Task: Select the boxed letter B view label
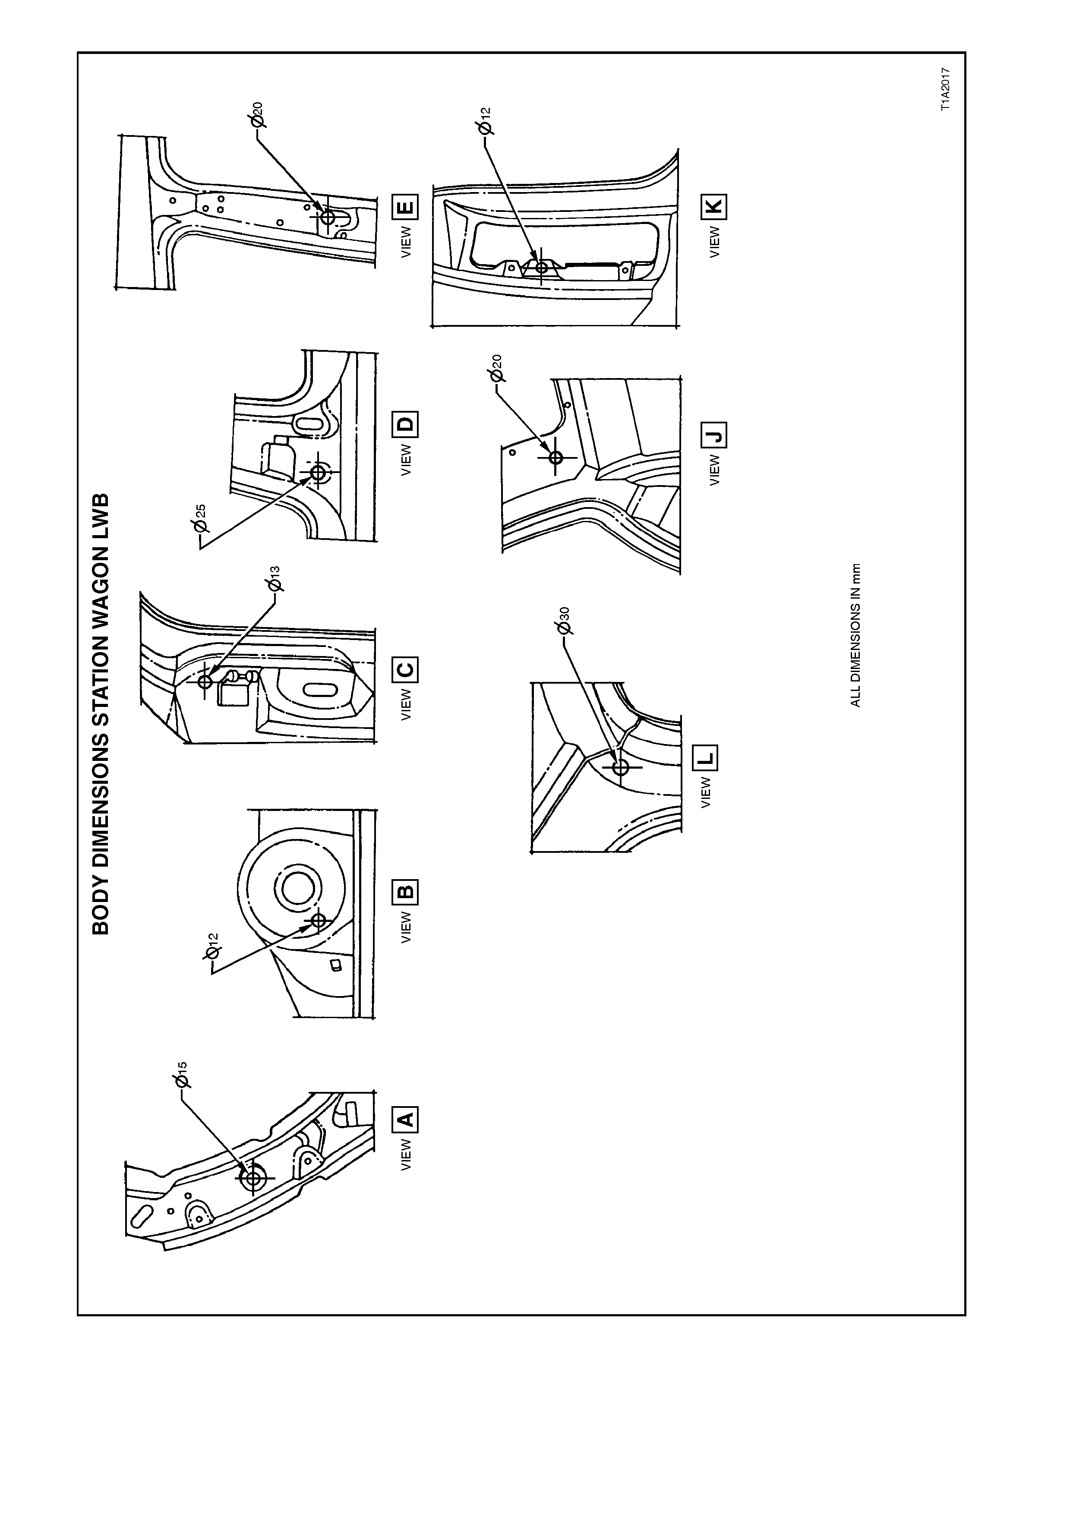[405, 893]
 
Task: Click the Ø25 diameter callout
[200, 520]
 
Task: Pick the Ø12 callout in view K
[485, 123]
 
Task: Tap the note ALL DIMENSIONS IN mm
[855, 635]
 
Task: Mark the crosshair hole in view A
[253, 1178]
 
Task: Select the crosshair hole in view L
[620, 767]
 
